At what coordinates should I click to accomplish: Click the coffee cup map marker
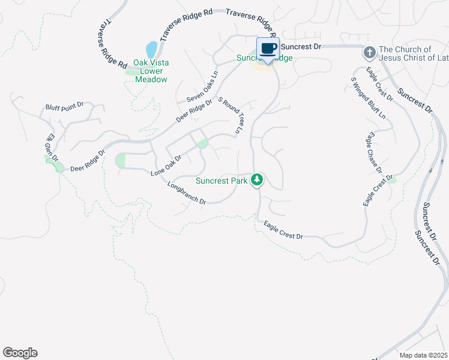click(x=268, y=48)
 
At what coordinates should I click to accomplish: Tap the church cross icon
click(x=370, y=53)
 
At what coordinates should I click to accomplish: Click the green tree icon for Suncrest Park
click(x=257, y=179)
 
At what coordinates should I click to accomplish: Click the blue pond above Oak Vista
click(x=151, y=49)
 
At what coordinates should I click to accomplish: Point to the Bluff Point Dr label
click(x=64, y=106)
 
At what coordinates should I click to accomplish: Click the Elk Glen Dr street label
click(x=50, y=149)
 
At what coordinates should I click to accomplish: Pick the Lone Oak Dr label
click(x=166, y=165)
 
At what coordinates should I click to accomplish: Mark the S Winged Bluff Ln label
click(x=369, y=98)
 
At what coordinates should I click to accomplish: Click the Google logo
click(x=20, y=353)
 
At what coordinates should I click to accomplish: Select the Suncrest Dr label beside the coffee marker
click(x=301, y=46)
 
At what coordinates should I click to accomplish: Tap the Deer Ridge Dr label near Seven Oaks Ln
click(x=194, y=111)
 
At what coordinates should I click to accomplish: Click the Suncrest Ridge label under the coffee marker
click(x=264, y=58)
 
